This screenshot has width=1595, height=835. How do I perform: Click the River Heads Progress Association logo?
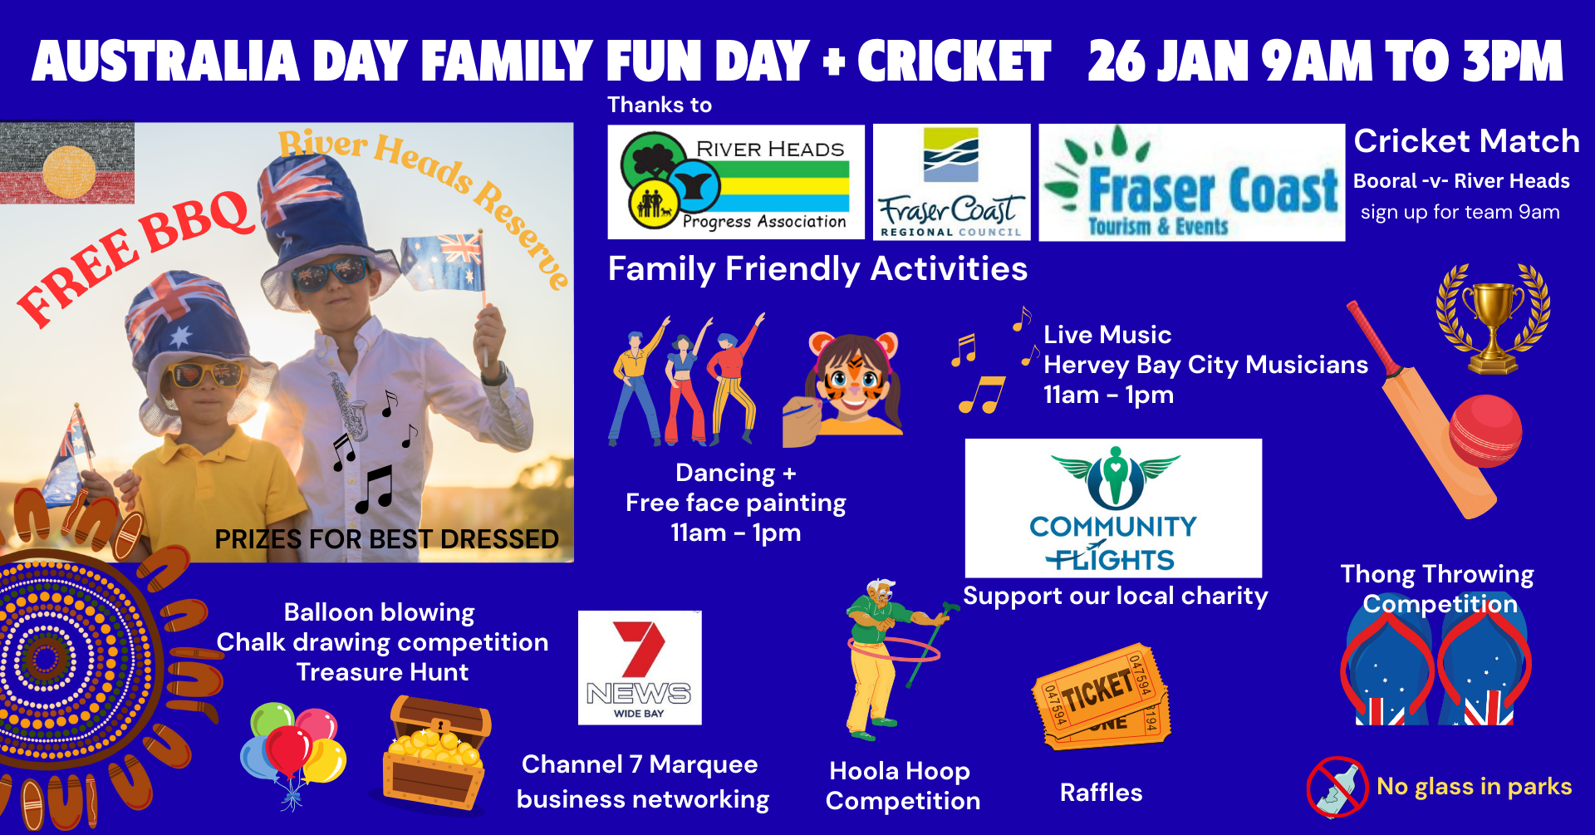point(736,182)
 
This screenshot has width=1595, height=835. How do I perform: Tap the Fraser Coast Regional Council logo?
point(951,182)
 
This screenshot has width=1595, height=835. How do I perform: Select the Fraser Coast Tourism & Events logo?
point(1191,183)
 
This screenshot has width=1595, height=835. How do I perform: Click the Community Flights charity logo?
point(1113,508)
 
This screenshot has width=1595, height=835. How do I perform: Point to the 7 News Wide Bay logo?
point(640,668)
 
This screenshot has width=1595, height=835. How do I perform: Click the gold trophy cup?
point(1493,319)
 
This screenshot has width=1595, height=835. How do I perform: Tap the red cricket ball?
point(1485,431)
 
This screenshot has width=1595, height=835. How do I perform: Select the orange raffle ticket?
point(1101,696)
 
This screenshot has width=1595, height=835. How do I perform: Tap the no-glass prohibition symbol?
point(1337,787)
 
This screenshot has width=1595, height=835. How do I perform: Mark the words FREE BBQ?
point(135,257)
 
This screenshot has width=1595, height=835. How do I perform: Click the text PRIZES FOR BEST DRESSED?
point(386,539)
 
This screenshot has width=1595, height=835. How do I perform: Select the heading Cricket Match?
point(1466,141)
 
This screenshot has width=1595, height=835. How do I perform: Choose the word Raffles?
point(1101,793)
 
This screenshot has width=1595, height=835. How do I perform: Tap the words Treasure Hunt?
point(382,671)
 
